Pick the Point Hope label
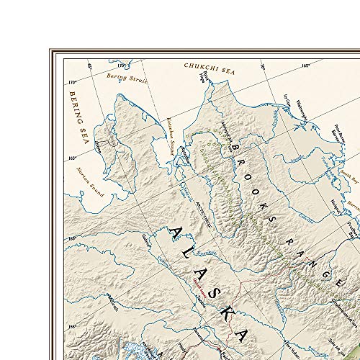coord(207,77)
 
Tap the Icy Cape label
coord(287,100)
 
